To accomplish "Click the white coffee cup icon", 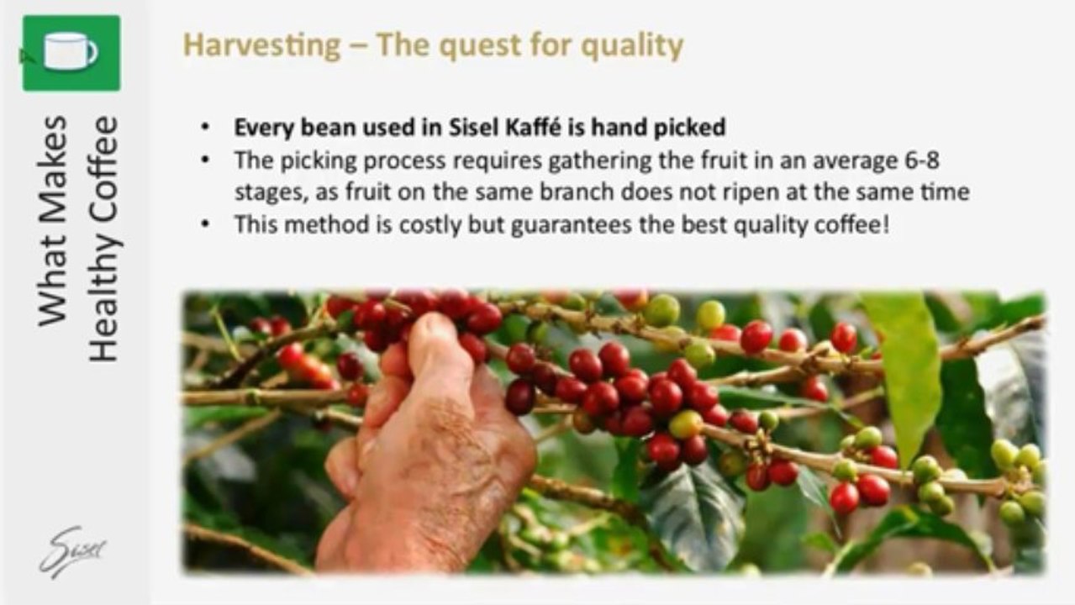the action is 71,51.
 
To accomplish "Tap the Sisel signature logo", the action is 73,551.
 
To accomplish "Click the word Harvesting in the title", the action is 262,46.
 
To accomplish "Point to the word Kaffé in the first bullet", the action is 532,127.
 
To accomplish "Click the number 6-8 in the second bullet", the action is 921,160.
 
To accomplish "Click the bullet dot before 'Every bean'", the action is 205,127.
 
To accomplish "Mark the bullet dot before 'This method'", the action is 205,224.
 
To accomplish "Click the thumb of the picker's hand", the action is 437,345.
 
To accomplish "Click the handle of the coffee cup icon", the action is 92,51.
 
